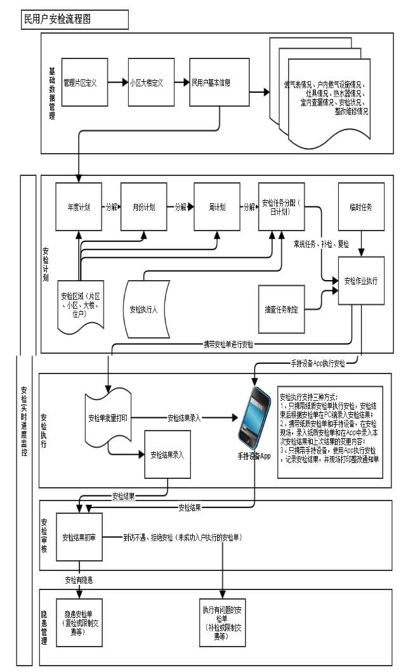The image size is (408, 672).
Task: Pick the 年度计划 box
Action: pos(79,208)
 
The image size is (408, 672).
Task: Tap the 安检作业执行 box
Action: pos(361,280)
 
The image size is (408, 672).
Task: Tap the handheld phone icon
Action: pos(255,419)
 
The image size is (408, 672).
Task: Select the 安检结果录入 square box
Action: pos(168,455)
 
